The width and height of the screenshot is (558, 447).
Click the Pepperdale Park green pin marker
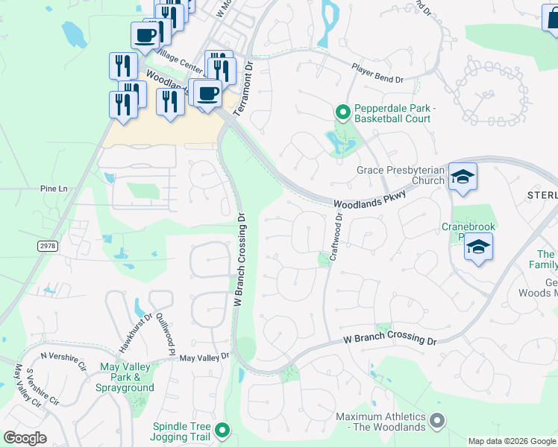pyautogui.click(x=342, y=112)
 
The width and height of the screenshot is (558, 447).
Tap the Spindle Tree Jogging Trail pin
pyautogui.click(x=222, y=430)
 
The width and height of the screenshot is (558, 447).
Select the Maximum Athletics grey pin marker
pyautogui.click(x=438, y=422)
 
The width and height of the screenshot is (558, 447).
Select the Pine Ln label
pyautogui.click(x=54, y=189)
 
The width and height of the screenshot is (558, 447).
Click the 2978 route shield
pyautogui.click(x=48, y=245)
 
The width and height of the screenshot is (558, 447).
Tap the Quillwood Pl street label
pyautogui.click(x=165, y=332)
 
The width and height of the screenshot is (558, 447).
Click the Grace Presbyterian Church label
pyautogui.click(x=400, y=176)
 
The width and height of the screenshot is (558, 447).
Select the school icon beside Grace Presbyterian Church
pyautogui.click(x=463, y=177)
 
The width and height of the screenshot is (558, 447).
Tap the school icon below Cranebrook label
pyautogui.click(x=478, y=247)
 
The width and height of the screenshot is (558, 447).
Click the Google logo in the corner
pyautogui.click(x=25, y=438)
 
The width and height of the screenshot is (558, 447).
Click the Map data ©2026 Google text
pyautogui.click(x=511, y=441)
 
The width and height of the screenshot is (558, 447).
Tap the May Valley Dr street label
pyautogui.click(x=204, y=358)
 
